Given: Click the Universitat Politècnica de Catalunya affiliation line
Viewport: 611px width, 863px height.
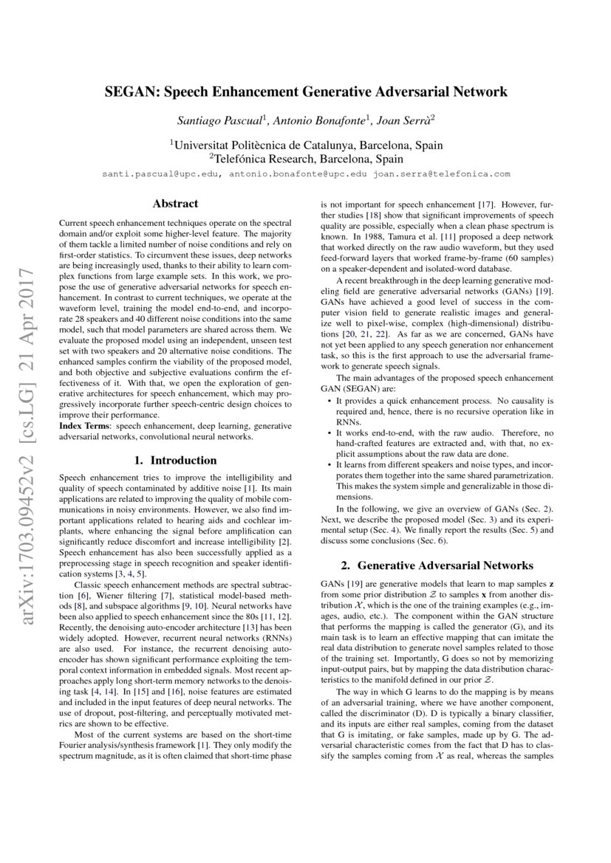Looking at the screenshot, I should (x=306, y=145).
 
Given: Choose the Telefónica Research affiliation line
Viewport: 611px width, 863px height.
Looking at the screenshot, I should (x=306, y=159).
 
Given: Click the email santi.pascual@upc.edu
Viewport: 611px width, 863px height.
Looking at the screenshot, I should (x=160, y=175).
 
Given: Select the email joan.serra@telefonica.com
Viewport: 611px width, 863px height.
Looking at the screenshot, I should (x=442, y=175).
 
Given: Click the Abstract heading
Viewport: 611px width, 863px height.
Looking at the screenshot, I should (x=175, y=203).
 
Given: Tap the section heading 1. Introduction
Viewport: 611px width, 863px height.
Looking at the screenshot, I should (x=175, y=461).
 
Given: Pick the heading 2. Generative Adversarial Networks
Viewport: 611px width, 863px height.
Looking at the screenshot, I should (x=437, y=566).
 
